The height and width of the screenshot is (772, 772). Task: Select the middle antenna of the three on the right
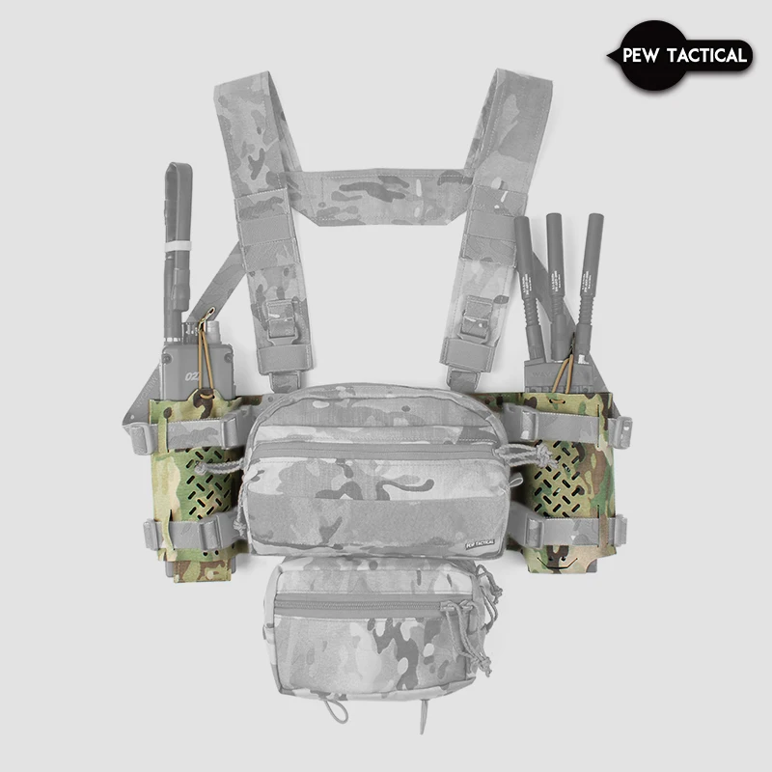(x=557, y=280)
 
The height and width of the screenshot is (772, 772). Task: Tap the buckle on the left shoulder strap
(x=280, y=319)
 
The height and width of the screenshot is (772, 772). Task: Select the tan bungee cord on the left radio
(x=204, y=357)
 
